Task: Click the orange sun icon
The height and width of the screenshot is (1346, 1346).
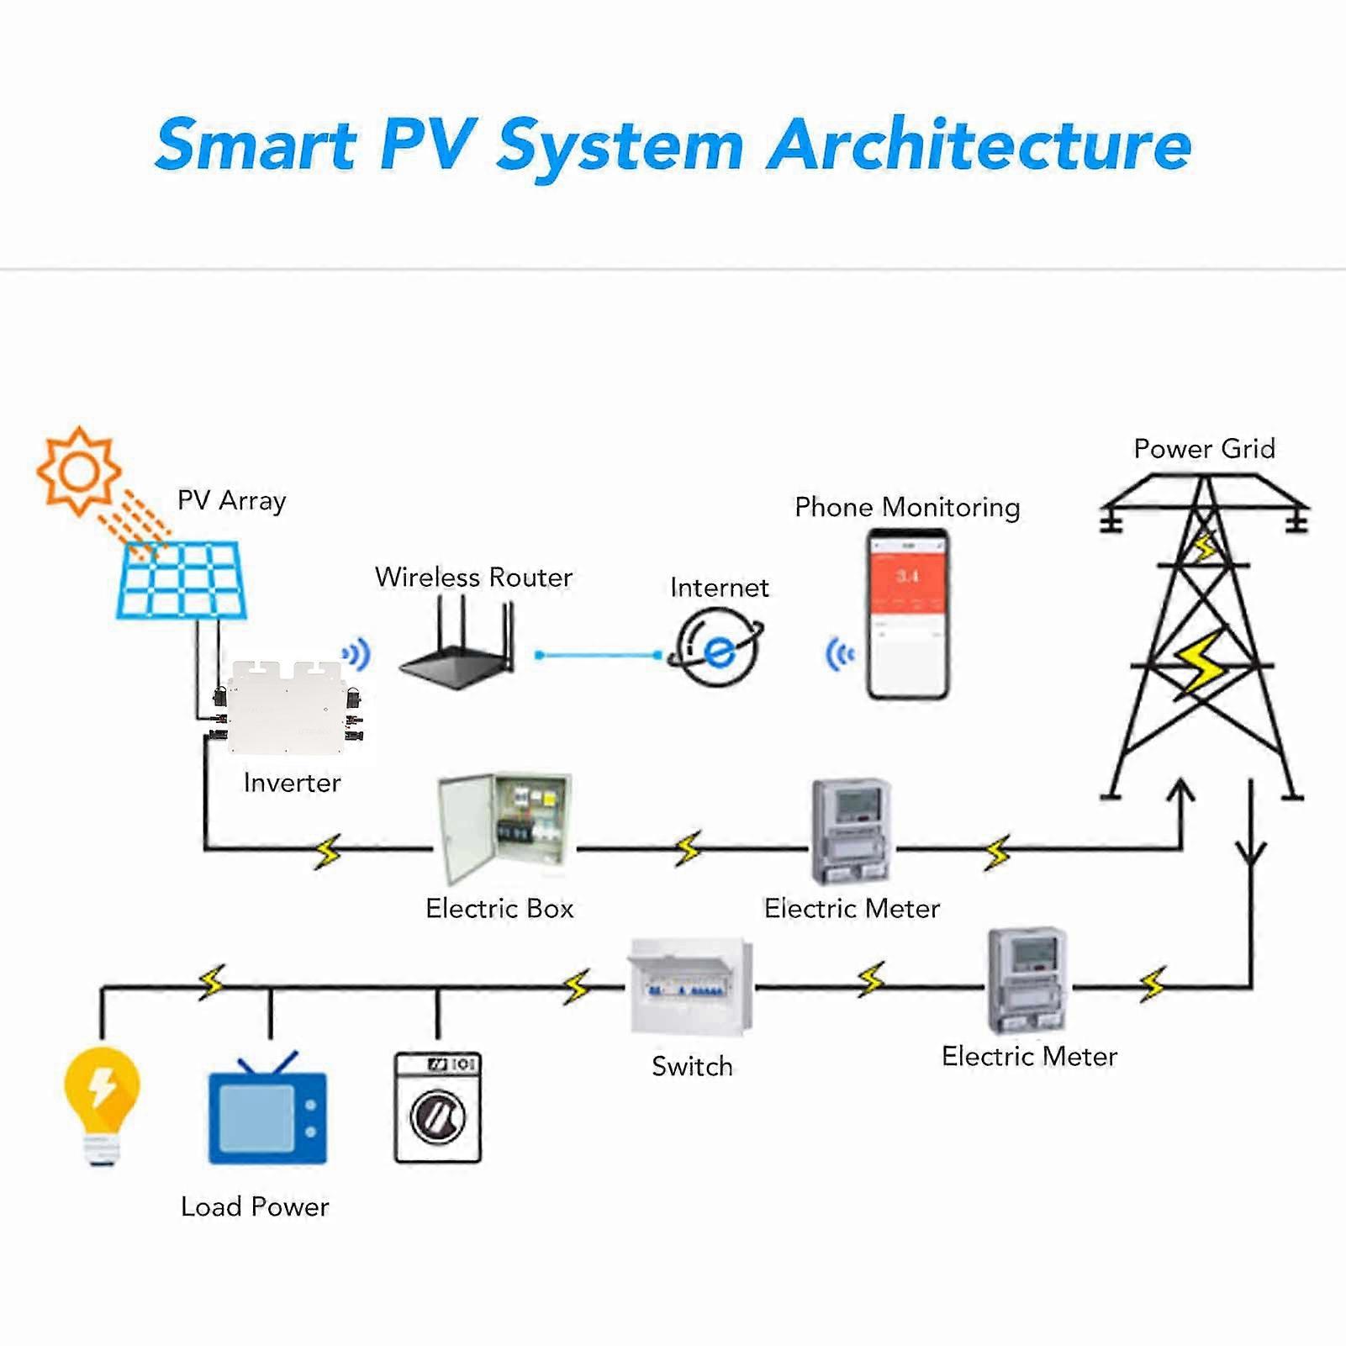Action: pos(79,470)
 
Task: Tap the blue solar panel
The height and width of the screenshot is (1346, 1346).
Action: pos(182,581)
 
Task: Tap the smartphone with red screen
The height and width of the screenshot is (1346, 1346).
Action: pos(908,614)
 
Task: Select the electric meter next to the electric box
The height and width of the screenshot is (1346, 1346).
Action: pos(851,831)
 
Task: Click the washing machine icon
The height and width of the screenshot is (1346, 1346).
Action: pos(438,1107)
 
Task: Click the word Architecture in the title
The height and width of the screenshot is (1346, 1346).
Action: pos(979,145)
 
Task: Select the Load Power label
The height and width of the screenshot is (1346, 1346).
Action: pos(255,1206)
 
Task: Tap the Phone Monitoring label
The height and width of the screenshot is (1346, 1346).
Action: pos(907,507)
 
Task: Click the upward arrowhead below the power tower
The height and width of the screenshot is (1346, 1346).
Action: pos(1181,789)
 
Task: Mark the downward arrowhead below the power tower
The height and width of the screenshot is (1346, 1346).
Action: pos(1251,857)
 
